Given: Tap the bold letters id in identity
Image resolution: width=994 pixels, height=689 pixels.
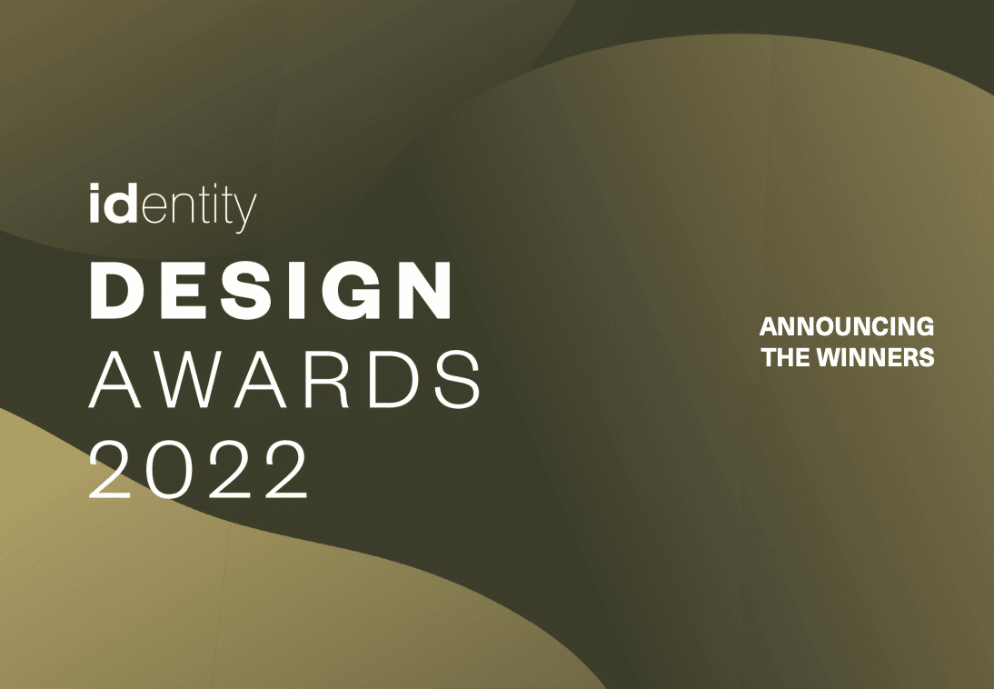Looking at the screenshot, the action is click(114, 203).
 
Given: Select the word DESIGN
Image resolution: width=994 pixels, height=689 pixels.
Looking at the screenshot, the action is click(271, 290).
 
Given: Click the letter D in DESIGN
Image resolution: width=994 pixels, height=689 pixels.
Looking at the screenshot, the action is click(117, 290).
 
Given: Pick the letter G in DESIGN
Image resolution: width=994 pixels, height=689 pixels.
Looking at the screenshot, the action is click(349, 290).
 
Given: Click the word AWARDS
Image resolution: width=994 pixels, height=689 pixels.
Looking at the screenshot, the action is click(284, 379).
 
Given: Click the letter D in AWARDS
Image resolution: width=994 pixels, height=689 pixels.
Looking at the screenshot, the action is click(393, 379).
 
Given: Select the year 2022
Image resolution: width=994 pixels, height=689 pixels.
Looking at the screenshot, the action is click(198, 469).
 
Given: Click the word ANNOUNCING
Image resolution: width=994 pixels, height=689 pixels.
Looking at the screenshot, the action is click(847, 326).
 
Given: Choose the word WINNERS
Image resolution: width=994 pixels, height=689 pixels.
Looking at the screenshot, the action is click(876, 357).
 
